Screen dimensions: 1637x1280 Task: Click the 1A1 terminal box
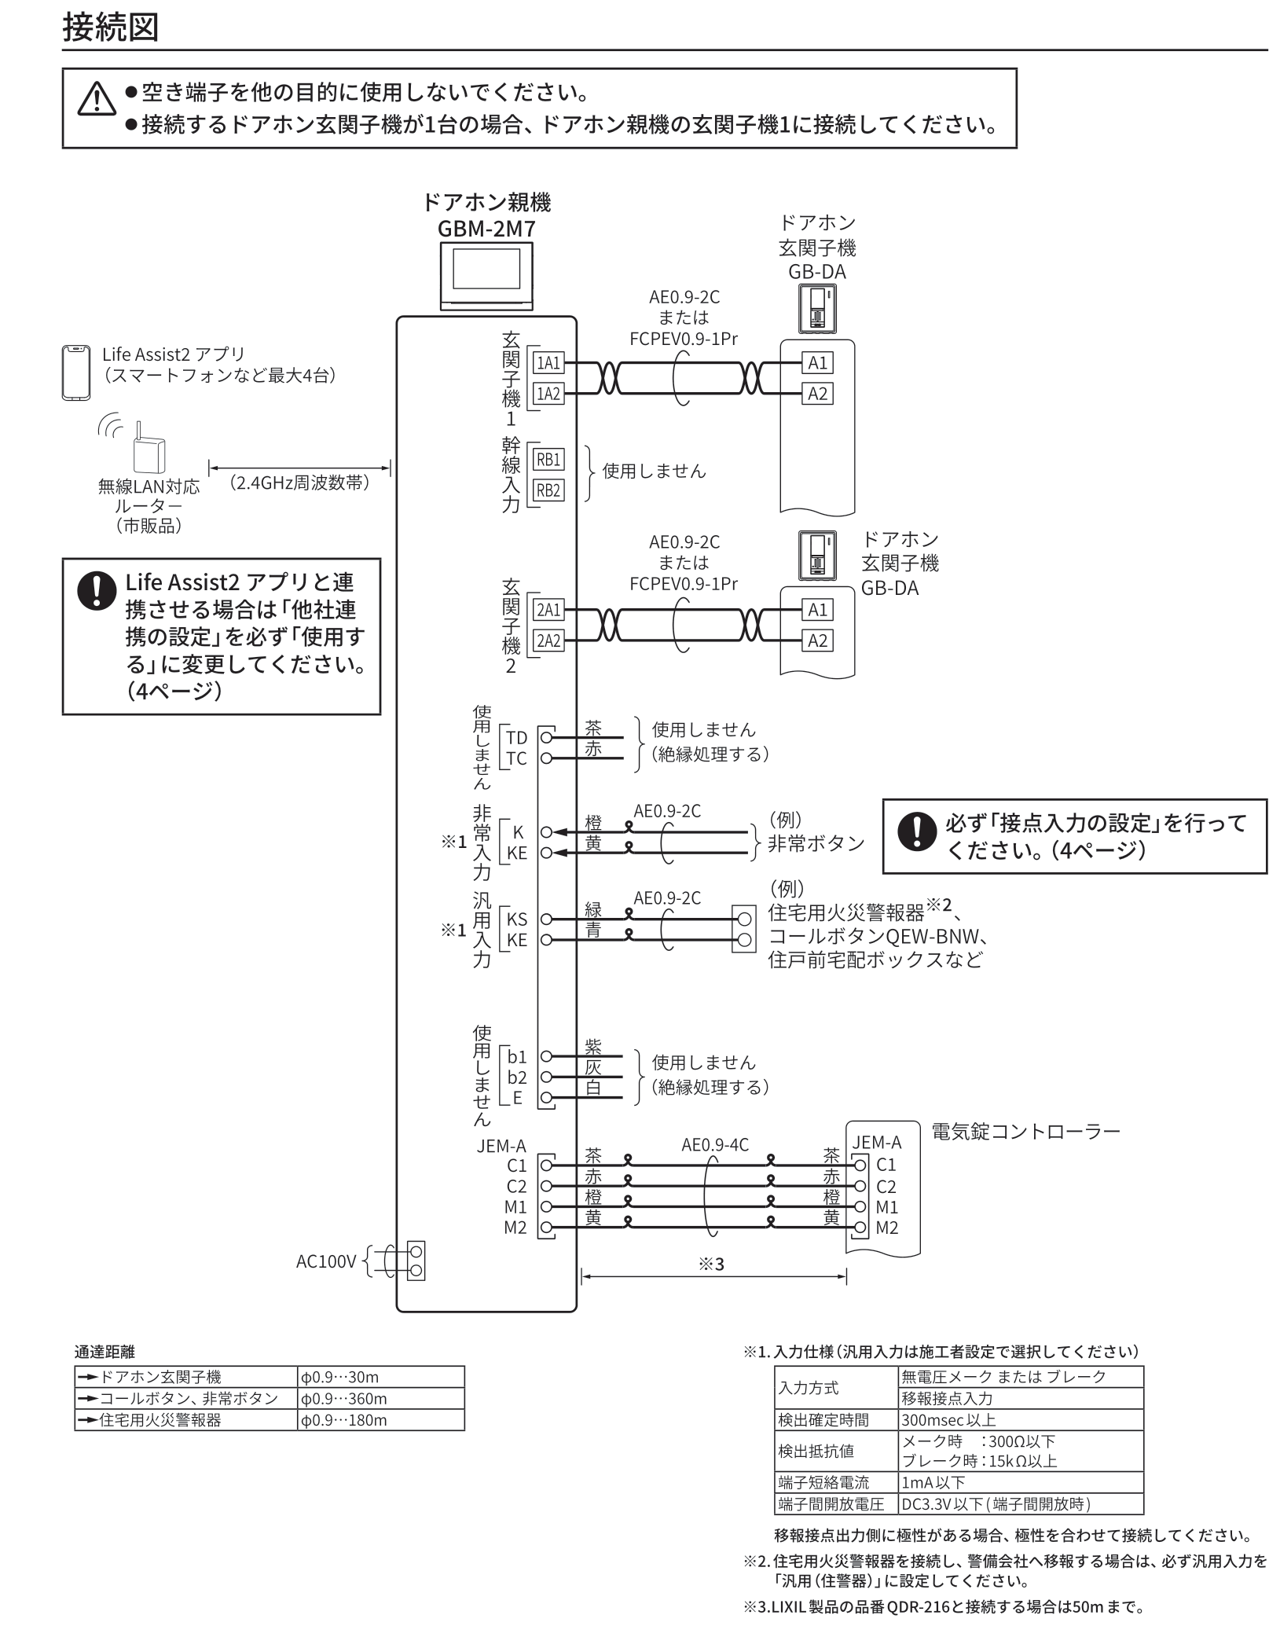(548, 363)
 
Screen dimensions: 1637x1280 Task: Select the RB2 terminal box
(548, 490)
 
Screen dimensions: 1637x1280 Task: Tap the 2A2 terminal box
(548, 641)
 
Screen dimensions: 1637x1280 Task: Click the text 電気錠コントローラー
(1025, 1132)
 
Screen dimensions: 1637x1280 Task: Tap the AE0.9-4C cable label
(715, 1145)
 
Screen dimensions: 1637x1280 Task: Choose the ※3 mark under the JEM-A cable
(711, 1264)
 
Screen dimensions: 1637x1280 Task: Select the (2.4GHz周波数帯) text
(299, 483)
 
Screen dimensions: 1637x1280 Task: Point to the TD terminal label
(516, 737)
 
